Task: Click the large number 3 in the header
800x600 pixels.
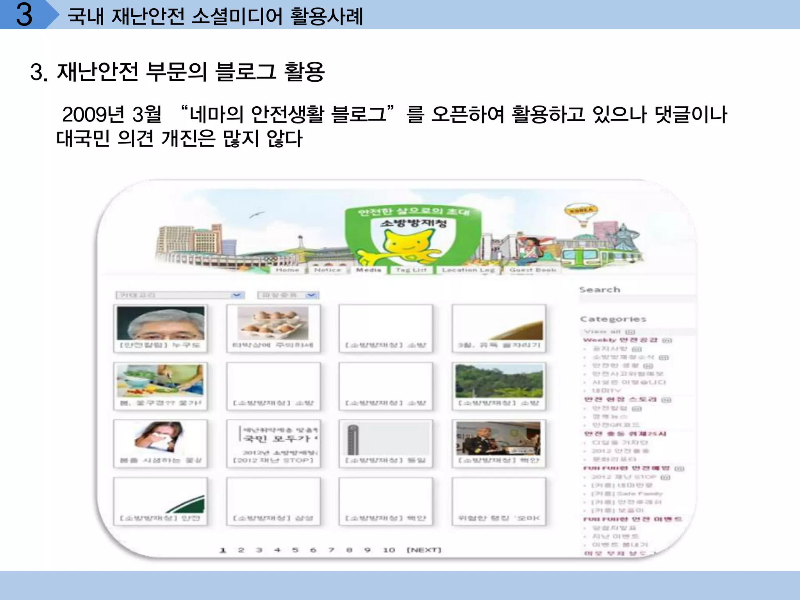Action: [24, 15]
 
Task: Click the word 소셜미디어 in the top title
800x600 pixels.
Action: [237, 16]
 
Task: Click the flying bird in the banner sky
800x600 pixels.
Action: [256, 214]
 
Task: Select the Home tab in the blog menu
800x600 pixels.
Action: [287, 270]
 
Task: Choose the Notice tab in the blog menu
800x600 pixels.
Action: [327, 270]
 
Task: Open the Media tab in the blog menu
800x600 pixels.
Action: [368, 270]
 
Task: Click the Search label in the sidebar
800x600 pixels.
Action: [600, 290]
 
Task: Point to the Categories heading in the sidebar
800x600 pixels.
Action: [613, 319]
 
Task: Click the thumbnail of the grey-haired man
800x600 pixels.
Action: [161, 323]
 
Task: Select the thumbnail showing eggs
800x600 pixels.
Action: [273, 323]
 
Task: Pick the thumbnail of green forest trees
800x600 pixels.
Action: [499, 381]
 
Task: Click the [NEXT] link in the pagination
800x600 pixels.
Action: [424, 550]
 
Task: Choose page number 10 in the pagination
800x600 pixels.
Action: [389, 550]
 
